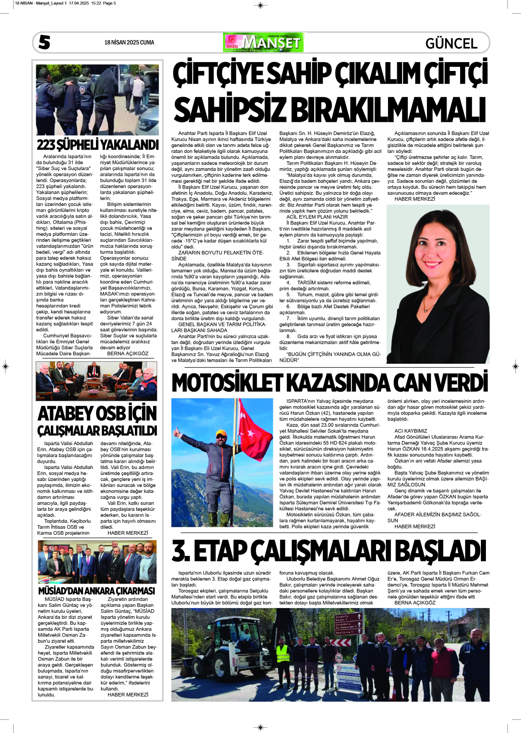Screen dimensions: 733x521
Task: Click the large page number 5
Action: pos(44,42)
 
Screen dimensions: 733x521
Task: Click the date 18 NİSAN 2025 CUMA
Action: pos(129,42)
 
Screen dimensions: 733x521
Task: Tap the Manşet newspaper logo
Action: pos(263,42)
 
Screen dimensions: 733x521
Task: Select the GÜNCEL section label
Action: pos(451,43)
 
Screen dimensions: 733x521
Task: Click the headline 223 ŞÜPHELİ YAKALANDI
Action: pos(98,145)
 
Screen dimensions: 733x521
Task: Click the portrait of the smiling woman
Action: pos(438,284)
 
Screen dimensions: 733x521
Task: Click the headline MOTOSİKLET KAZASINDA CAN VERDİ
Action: pos(330,383)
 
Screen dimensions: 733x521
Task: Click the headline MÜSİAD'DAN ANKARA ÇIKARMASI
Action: pos(96,591)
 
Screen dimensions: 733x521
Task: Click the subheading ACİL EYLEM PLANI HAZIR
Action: pos(317,217)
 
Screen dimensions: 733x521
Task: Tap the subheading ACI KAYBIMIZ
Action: pos(411,431)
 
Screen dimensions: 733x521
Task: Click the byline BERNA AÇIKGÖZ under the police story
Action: pos(128,353)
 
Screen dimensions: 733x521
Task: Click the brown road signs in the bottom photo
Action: pos(349,623)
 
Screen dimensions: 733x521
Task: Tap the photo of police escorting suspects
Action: pos(97,100)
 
